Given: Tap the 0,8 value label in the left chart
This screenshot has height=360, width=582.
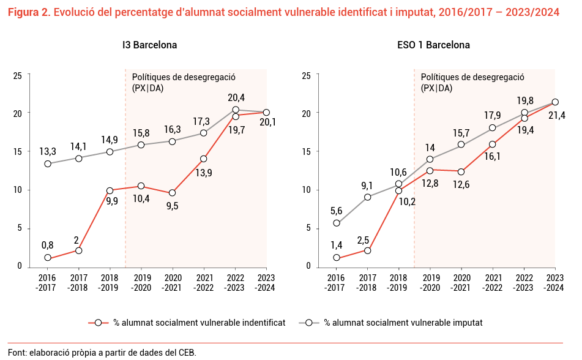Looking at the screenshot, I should [x=47, y=245].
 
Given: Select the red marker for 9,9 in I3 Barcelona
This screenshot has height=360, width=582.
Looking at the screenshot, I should [x=110, y=190].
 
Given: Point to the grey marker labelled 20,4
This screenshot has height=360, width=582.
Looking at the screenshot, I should [x=236, y=110].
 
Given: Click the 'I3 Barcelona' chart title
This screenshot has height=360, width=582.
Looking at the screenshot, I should [x=149, y=45].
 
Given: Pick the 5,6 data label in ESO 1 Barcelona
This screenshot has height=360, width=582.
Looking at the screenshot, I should [x=336, y=211].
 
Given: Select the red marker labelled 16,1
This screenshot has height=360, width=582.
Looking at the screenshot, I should [x=492, y=144].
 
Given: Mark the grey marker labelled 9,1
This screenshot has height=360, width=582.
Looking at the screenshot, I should [x=367, y=197].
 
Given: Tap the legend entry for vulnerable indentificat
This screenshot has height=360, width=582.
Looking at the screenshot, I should [x=187, y=322].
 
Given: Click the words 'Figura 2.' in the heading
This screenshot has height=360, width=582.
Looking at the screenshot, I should [x=28, y=12].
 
